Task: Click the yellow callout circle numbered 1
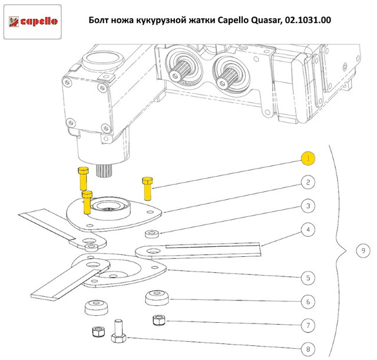pos(308,158)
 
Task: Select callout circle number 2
pos(308,182)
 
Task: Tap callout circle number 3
pos(308,206)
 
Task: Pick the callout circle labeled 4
pos(308,230)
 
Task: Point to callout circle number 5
pos(308,278)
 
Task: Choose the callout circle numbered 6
pos(308,302)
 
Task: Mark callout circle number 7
pos(308,325)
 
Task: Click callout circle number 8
pos(308,349)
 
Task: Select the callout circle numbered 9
pos(363,250)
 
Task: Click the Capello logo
pos(33,22)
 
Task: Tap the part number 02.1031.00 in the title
pos(308,20)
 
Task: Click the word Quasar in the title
pos(266,20)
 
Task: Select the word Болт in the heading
pos(98,20)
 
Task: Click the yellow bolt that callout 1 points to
pos(147,189)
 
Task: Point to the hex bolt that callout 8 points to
pos(118,331)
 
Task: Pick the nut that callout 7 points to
pos(159,320)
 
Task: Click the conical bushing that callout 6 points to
pos(157,298)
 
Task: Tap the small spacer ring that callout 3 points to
pos(152,234)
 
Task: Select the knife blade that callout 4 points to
pos(198,251)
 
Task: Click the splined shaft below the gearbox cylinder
pos(104,170)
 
